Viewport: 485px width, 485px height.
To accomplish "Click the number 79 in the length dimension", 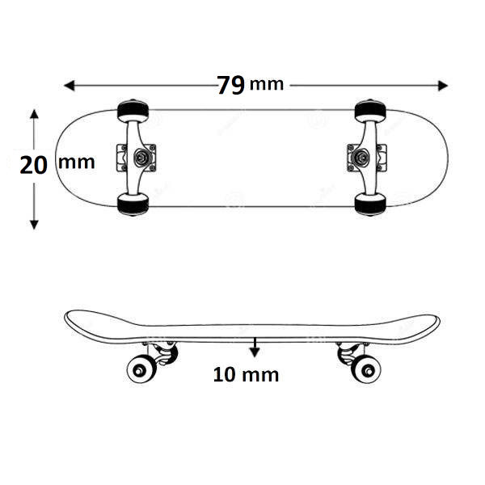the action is tap(230, 85).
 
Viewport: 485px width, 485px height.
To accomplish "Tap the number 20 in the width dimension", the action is tap(33, 165).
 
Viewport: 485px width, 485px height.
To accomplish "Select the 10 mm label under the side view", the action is tap(246, 374).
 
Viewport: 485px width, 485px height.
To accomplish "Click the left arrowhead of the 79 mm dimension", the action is tap(69, 86).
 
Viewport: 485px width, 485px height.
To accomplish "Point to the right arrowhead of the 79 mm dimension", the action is tap(443, 86).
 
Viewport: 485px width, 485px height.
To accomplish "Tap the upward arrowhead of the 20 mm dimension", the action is tap(34, 114).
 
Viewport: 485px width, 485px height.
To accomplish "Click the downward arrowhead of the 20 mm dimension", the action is tap(34, 225).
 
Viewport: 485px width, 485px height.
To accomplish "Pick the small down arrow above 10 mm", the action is tap(255, 348).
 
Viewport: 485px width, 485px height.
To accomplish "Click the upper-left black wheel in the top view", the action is tap(133, 111).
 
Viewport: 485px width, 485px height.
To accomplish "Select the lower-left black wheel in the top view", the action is tap(133, 205).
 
